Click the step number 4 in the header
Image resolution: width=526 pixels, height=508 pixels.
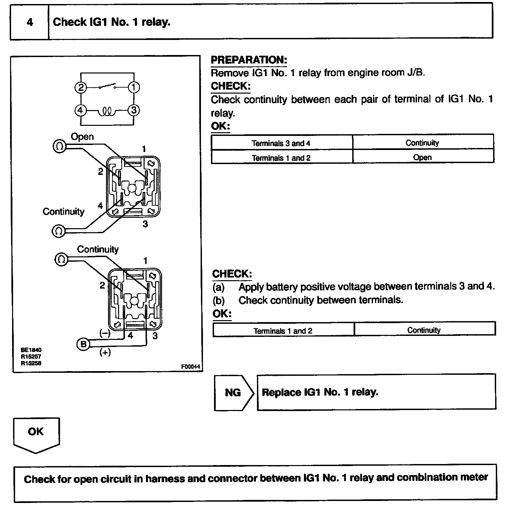pyautogui.click(x=30, y=22)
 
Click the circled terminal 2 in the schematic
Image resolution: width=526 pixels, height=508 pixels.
pyautogui.click(x=81, y=88)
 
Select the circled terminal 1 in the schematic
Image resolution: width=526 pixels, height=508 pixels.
pyautogui.click(x=134, y=88)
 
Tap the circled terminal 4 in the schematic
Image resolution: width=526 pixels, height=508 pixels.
pyautogui.click(x=81, y=110)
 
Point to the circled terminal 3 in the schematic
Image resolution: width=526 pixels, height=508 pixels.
pyautogui.click(x=134, y=110)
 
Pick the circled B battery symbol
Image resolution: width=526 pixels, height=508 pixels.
pyautogui.click(x=83, y=344)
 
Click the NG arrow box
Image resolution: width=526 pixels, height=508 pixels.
pyautogui.click(x=233, y=392)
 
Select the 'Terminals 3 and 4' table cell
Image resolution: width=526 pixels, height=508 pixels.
pyautogui.click(x=281, y=143)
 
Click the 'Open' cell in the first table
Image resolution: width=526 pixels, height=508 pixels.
pyautogui.click(x=422, y=157)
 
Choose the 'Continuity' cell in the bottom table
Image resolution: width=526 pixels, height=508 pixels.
pyautogui.click(x=424, y=330)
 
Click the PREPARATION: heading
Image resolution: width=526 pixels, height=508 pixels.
pyautogui.click(x=249, y=60)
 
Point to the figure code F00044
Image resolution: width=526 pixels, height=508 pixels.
pyautogui.click(x=191, y=367)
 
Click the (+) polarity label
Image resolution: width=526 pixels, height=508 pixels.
pyautogui.click(x=105, y=352)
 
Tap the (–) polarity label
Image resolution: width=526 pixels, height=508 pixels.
pyautogui.click(x=105, y=333)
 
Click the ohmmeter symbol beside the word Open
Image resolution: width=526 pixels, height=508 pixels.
pyautogui.click(x=59, y=146)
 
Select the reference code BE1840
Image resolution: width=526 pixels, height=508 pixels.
pyautogui.click(x=31, y=350)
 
